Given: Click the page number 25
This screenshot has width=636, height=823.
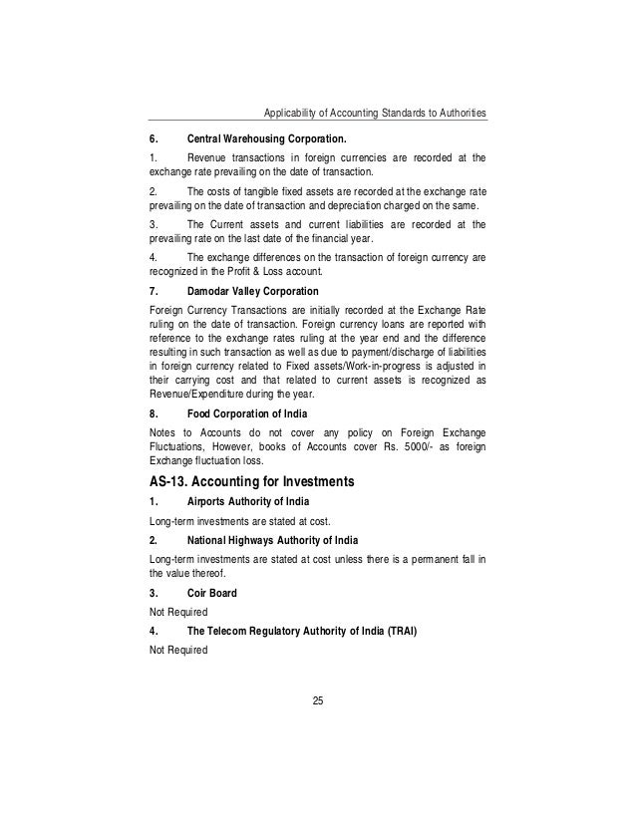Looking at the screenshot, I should pyautogui.click(x=318, y=703).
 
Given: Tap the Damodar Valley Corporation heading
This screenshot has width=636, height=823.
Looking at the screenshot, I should pyautogui.click(x=252, y=291).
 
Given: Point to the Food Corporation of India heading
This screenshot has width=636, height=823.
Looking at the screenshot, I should pyautogui.click(x=247, y=412).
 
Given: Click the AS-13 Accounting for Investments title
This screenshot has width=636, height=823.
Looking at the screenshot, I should pyautogui.click(x=265, y=482).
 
